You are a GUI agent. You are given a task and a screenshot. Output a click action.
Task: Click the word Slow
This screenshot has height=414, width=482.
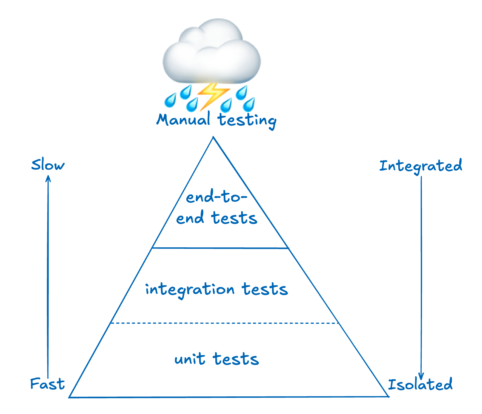click(x=48, y=165)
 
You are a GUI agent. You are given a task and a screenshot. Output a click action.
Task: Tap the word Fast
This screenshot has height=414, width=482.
click(x=47, y=384)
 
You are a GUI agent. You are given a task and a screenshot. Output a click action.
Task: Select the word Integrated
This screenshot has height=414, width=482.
click(x=420, y=166)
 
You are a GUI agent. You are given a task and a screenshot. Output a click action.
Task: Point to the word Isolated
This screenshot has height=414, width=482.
click(x=420, y=384)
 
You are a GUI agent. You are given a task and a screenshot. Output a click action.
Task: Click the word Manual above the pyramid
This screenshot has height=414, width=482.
click(x=183, y=119)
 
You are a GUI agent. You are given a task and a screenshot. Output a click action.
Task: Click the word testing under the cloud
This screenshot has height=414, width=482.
click(x=247, y=120)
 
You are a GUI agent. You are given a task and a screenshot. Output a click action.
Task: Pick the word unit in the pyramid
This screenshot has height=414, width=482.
click(x=190, y=359)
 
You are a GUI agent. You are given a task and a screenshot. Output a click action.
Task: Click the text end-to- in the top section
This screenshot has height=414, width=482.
click(x=217, y=197)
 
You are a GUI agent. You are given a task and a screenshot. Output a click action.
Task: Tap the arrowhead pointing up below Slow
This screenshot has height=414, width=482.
click(x=48, y=178)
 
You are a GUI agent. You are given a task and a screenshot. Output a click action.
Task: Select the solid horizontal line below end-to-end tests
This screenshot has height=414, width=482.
click(x=220, y=248)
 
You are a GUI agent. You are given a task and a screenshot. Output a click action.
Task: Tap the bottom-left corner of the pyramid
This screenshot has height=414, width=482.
click(x=70, y=397)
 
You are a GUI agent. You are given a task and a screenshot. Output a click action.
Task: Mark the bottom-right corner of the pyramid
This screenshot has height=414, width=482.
click(x=388, y=396)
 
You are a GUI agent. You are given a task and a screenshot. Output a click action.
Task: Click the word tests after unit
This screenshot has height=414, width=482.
click(x=236, y=359)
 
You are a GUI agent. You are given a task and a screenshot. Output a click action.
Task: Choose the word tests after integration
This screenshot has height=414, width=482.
click(x=265, y=289)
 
